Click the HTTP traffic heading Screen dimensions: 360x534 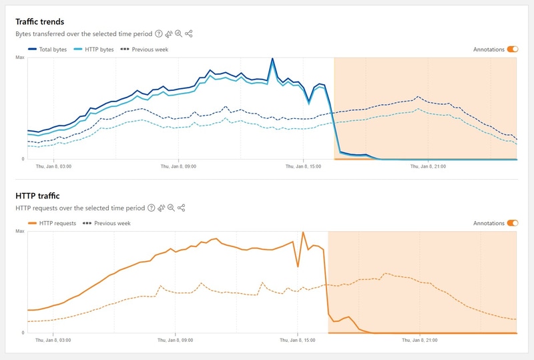37,196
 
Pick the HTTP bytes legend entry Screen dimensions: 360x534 93,49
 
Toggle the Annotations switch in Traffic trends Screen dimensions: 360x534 513,49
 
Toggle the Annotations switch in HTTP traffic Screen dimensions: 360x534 513,223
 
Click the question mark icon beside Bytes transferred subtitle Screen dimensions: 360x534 159,33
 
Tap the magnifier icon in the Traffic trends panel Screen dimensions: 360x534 179,33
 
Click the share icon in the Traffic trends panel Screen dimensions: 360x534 189,33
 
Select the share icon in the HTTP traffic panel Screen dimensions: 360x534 181,208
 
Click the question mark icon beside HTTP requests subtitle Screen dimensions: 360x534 151,208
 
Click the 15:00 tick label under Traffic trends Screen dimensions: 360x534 304,166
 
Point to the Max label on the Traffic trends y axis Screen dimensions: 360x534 20,58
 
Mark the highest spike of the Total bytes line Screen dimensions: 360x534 272,59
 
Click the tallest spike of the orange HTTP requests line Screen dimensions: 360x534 303,232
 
